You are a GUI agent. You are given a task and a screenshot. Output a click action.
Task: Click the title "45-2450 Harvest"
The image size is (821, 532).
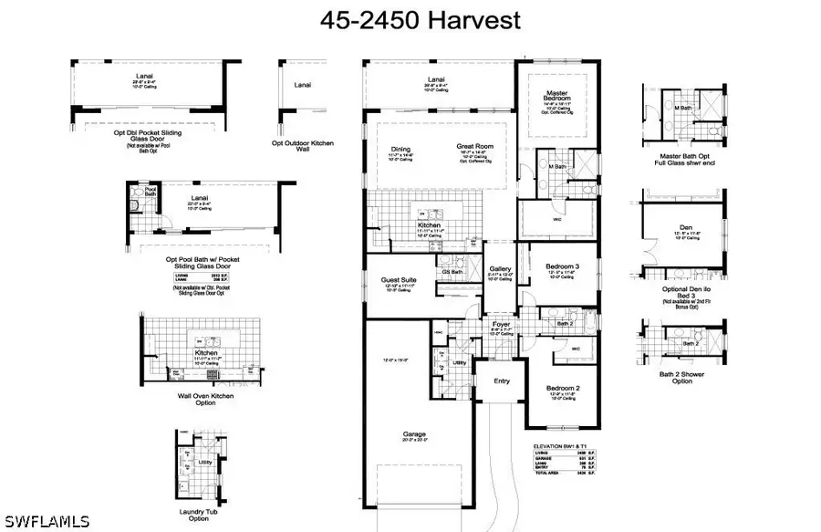point(410,18)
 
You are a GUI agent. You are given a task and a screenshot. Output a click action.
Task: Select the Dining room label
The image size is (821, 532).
point(400,149)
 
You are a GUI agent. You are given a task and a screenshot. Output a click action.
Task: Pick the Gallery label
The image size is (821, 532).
point(500,267)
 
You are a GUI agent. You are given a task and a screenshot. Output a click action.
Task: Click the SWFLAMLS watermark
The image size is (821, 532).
point(46,520)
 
